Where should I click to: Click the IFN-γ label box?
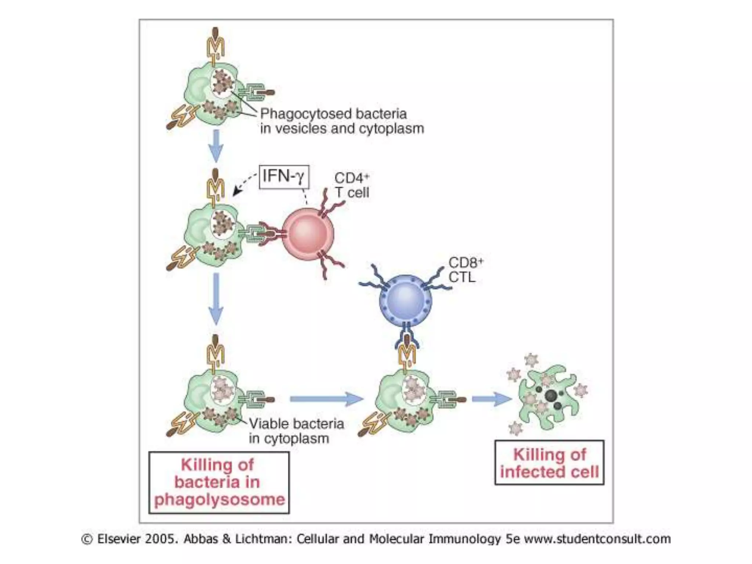point(284,177)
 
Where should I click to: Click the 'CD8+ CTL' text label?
point(465,270)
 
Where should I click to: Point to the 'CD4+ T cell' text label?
point(351,185)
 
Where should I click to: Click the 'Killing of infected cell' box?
point(549,463)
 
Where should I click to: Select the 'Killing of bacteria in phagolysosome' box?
point(219,482)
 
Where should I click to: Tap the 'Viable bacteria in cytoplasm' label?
point(296,431)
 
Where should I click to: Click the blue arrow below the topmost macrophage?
point(216,146)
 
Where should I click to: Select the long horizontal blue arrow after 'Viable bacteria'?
point(326,399)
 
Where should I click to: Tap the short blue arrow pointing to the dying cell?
point(491,399)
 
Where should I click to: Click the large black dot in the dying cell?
point(550,395)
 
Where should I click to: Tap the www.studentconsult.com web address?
point(597,539)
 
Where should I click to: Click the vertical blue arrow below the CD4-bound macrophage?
point(216,298)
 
